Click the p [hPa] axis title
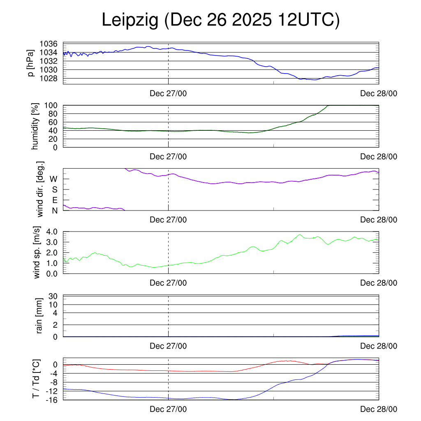coord(30,64)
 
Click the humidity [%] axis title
coord(36,126)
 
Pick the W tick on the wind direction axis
coord(53,179)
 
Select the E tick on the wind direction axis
coord(55,200)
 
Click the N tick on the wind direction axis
coord(54,210)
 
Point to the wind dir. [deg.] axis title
coord(40,190)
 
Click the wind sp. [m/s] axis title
coord(37,252)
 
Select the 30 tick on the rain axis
coord(53,296)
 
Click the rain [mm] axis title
coord(40,316)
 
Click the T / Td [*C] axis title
coord(36,379)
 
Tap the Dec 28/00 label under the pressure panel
coord(379,94)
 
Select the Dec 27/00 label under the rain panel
coord(168,346)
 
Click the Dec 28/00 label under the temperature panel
coord(379,409)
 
